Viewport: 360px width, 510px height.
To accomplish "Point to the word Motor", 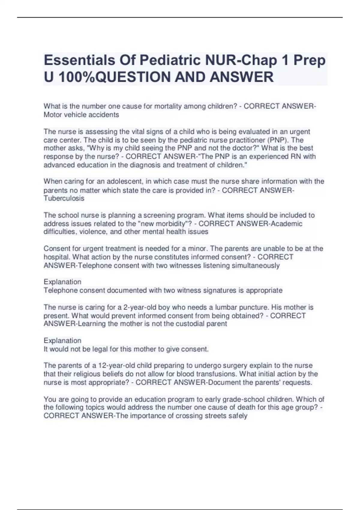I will point(52,115).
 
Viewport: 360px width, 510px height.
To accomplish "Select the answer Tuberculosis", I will point(64,198).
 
